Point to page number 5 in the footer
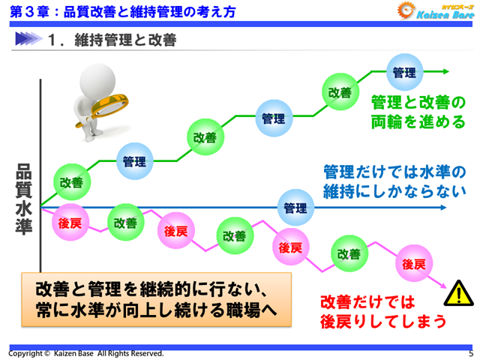coord(470,353)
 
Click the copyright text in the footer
coord(85,353)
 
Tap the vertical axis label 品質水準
coord(24,199)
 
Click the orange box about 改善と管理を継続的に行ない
coord(154,298)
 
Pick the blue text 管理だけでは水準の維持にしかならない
coord(389,180)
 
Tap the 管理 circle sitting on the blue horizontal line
coord(296,207)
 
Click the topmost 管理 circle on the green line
coord(405,73)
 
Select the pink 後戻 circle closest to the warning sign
coord(413,264)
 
